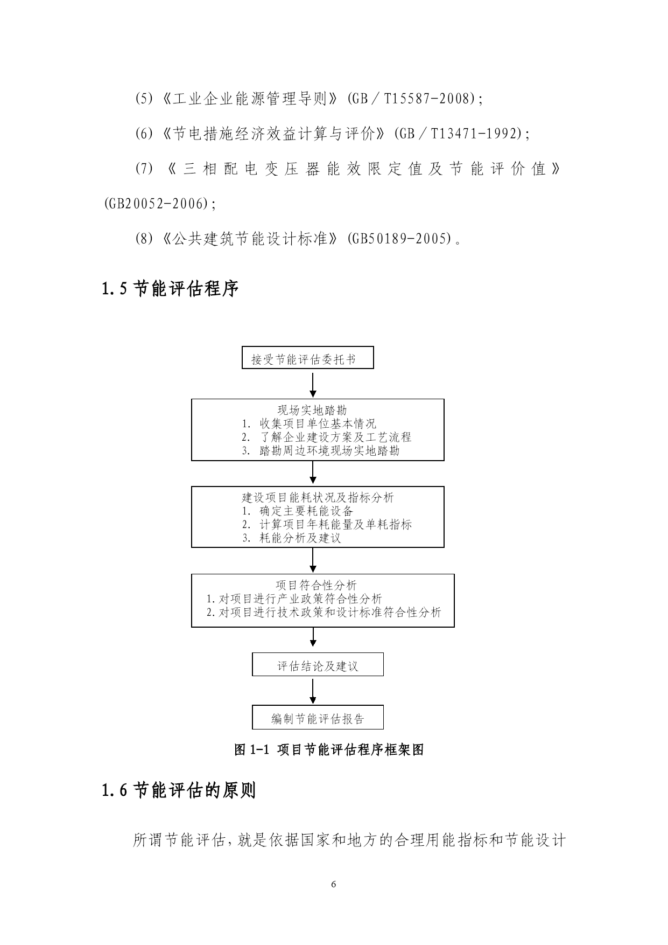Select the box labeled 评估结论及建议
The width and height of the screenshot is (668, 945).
[x=318, y=664]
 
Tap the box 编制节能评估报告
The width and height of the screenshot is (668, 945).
[x=318, y=717]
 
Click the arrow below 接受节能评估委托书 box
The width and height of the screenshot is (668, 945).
[x=313, y=384]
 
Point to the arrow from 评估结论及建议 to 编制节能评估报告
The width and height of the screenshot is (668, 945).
[x=313, y=690]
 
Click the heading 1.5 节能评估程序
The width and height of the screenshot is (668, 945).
[x=170, y=289]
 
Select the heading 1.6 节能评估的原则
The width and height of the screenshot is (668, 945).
[x=179, y=790]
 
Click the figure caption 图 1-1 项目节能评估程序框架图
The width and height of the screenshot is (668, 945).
[x=329, y=749]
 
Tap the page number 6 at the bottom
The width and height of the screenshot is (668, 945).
[x=334, y=884]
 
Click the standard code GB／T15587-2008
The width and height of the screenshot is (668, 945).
[x=412, y=99]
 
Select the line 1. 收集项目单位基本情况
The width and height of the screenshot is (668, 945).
[x=309, y=423]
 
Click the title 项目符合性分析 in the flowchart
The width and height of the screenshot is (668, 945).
[x=316, y=585]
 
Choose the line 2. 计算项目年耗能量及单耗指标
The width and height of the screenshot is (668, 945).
[x=327, y=524]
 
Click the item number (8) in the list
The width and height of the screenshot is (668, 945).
[x=144, y=239]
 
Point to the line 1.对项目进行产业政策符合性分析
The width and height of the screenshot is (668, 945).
[x=294, y=599]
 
